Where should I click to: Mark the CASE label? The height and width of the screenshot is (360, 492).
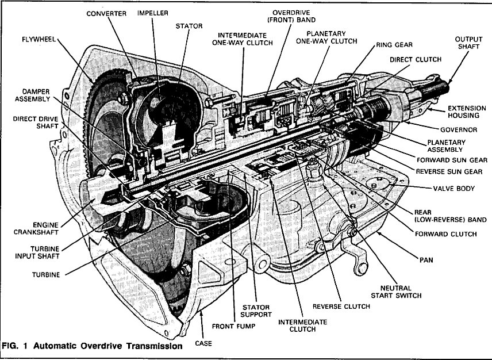(x=205, y=343)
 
